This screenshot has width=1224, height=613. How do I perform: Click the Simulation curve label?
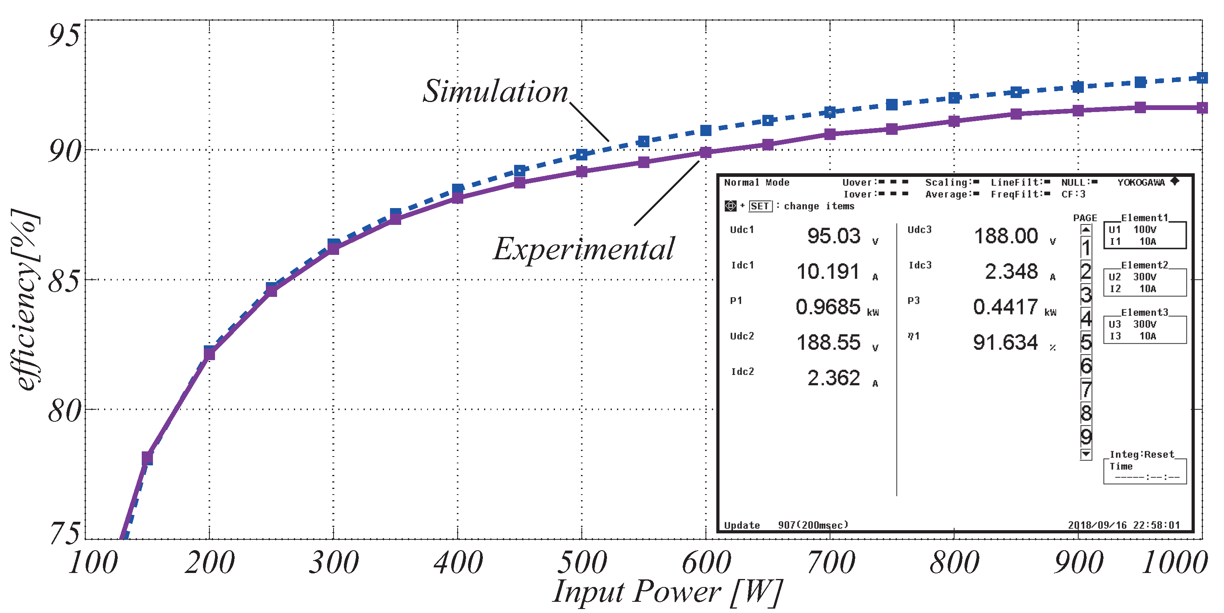tap(495, 91)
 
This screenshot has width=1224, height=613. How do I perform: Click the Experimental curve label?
tap(583, 249)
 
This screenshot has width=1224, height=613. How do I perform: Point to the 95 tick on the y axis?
tap(64, 35)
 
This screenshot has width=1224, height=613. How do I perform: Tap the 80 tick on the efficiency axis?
tap(64, 411)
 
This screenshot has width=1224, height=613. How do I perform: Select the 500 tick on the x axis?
tap(582, 563)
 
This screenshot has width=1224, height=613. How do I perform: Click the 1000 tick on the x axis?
tap(1174, 563)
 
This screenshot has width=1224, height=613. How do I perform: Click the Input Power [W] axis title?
tap(667, 592)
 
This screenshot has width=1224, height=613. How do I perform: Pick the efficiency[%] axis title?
tap(25, 300)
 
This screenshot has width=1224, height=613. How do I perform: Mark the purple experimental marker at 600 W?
tap(705, 152)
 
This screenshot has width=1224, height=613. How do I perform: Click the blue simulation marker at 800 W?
tap(954, 98)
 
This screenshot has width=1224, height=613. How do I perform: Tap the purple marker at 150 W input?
tap(147, 458)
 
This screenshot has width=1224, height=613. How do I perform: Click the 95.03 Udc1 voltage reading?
tap(834, 236)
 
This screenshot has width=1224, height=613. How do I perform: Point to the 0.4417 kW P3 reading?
tap(1005, 307)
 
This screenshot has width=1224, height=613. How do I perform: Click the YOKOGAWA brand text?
tap(1141, 182)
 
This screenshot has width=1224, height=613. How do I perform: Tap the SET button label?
tap(760, 206)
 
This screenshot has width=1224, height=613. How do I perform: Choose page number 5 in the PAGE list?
tap(1086, 342)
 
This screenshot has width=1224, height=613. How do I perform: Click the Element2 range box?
tap(1144, 282)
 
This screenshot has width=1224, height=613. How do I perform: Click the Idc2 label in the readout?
tap(742, 372)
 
